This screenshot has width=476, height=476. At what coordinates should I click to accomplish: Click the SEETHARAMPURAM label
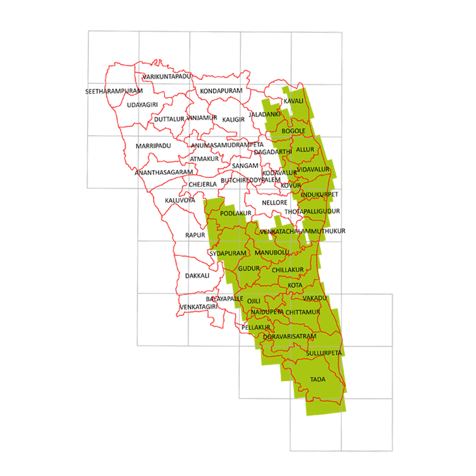coord(114,91)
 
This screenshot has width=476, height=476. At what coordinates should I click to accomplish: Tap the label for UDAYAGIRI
coord(142,105)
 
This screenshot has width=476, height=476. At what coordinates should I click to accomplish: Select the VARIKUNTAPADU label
coord(168,76)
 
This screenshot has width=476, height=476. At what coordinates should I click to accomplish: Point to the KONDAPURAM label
coord(221,91)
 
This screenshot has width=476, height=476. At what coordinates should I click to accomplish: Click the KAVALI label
coord(294,101)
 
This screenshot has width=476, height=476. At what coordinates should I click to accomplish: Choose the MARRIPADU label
coord(153,146)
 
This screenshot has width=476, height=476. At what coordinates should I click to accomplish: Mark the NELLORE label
coord(275,202)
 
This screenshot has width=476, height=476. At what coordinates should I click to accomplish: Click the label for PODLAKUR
coord(235,213)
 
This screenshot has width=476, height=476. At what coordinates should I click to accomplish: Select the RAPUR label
coord(194,235)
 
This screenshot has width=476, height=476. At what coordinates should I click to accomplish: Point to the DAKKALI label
coord(197,276)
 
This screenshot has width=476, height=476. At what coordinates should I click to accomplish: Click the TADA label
coord(318,379)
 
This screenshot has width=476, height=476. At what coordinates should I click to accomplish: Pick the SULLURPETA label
coord(324,353)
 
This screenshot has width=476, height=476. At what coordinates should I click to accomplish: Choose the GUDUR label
coord(249,267)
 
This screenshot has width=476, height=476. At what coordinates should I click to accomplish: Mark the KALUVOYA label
coord(180,201)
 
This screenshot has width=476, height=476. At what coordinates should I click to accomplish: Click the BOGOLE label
coord(294,131)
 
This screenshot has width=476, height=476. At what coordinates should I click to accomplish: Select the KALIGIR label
coord(233,120)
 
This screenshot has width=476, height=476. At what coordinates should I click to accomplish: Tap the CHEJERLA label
coord(203,184)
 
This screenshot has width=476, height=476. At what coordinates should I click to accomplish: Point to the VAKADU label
coord(315,298)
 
